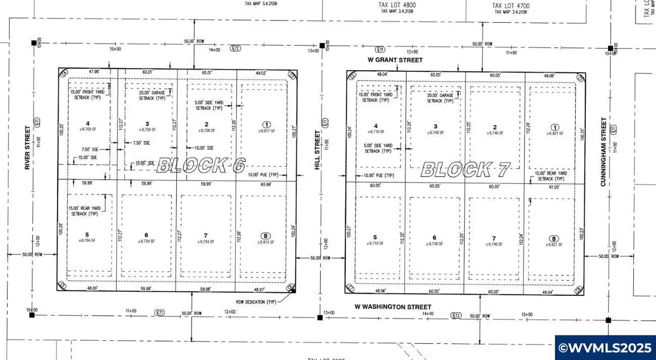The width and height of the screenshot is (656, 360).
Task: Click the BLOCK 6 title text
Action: pos(200,166)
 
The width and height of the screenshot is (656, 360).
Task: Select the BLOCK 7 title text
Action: pos(465,170)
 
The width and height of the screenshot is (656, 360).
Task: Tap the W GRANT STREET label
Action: pos(395,60)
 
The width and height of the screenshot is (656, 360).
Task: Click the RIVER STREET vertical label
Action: pos(28,148)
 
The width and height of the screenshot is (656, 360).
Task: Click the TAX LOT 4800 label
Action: pos(397,5)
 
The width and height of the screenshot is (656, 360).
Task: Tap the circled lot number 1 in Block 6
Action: pos(266,124)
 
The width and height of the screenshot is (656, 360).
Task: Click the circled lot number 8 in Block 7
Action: pos(553,239)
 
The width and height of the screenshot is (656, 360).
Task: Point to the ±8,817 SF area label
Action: pos(266,130)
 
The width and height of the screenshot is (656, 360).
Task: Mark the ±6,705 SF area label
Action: pos(88,129)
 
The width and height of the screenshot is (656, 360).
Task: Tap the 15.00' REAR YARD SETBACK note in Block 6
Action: pos(85,211)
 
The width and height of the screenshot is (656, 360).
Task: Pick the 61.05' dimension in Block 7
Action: pos(553,187)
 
